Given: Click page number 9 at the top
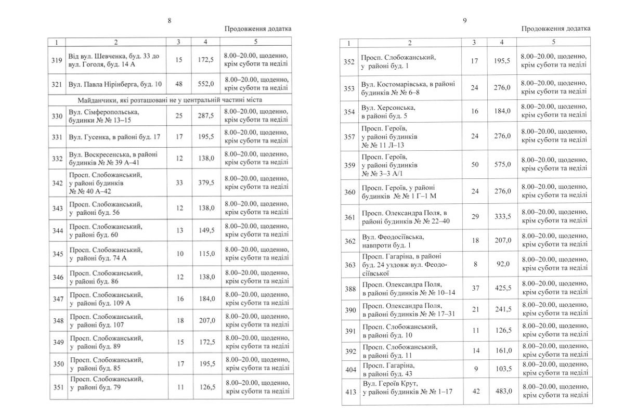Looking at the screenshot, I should click(465, 20).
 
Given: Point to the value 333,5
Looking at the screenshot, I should click(502, 216).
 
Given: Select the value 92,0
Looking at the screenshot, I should click(502, 264).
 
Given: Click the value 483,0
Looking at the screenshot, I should click(502, 391).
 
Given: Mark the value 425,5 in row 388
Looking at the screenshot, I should click(502, 288).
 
